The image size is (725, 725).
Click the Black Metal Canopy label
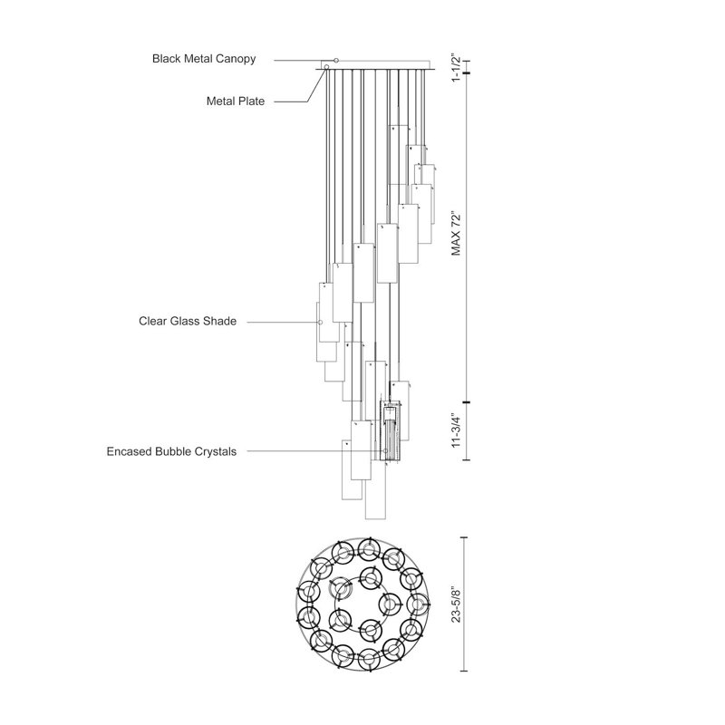pyautogui.click(x=204, y=59)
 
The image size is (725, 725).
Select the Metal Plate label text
pyautogui.click(x=236, y=101)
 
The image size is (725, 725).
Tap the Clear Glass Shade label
pyautogui.click(x=188, y=321)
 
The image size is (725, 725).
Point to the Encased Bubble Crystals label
pyautogui.click(x=171, y=451)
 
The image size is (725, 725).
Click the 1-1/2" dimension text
pyautogui.click(x=457, y=69)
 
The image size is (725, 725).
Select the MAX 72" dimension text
pyautogui.click(x=457, y=235)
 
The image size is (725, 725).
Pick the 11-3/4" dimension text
pyautogui.click(x=457, y=430)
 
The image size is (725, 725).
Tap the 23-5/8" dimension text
pyautogui.click(x=457, y=604)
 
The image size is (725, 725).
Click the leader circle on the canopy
pyautogui.click(x=336, y=61)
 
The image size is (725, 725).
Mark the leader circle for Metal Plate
pyautogui.click(x=326, y=67)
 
